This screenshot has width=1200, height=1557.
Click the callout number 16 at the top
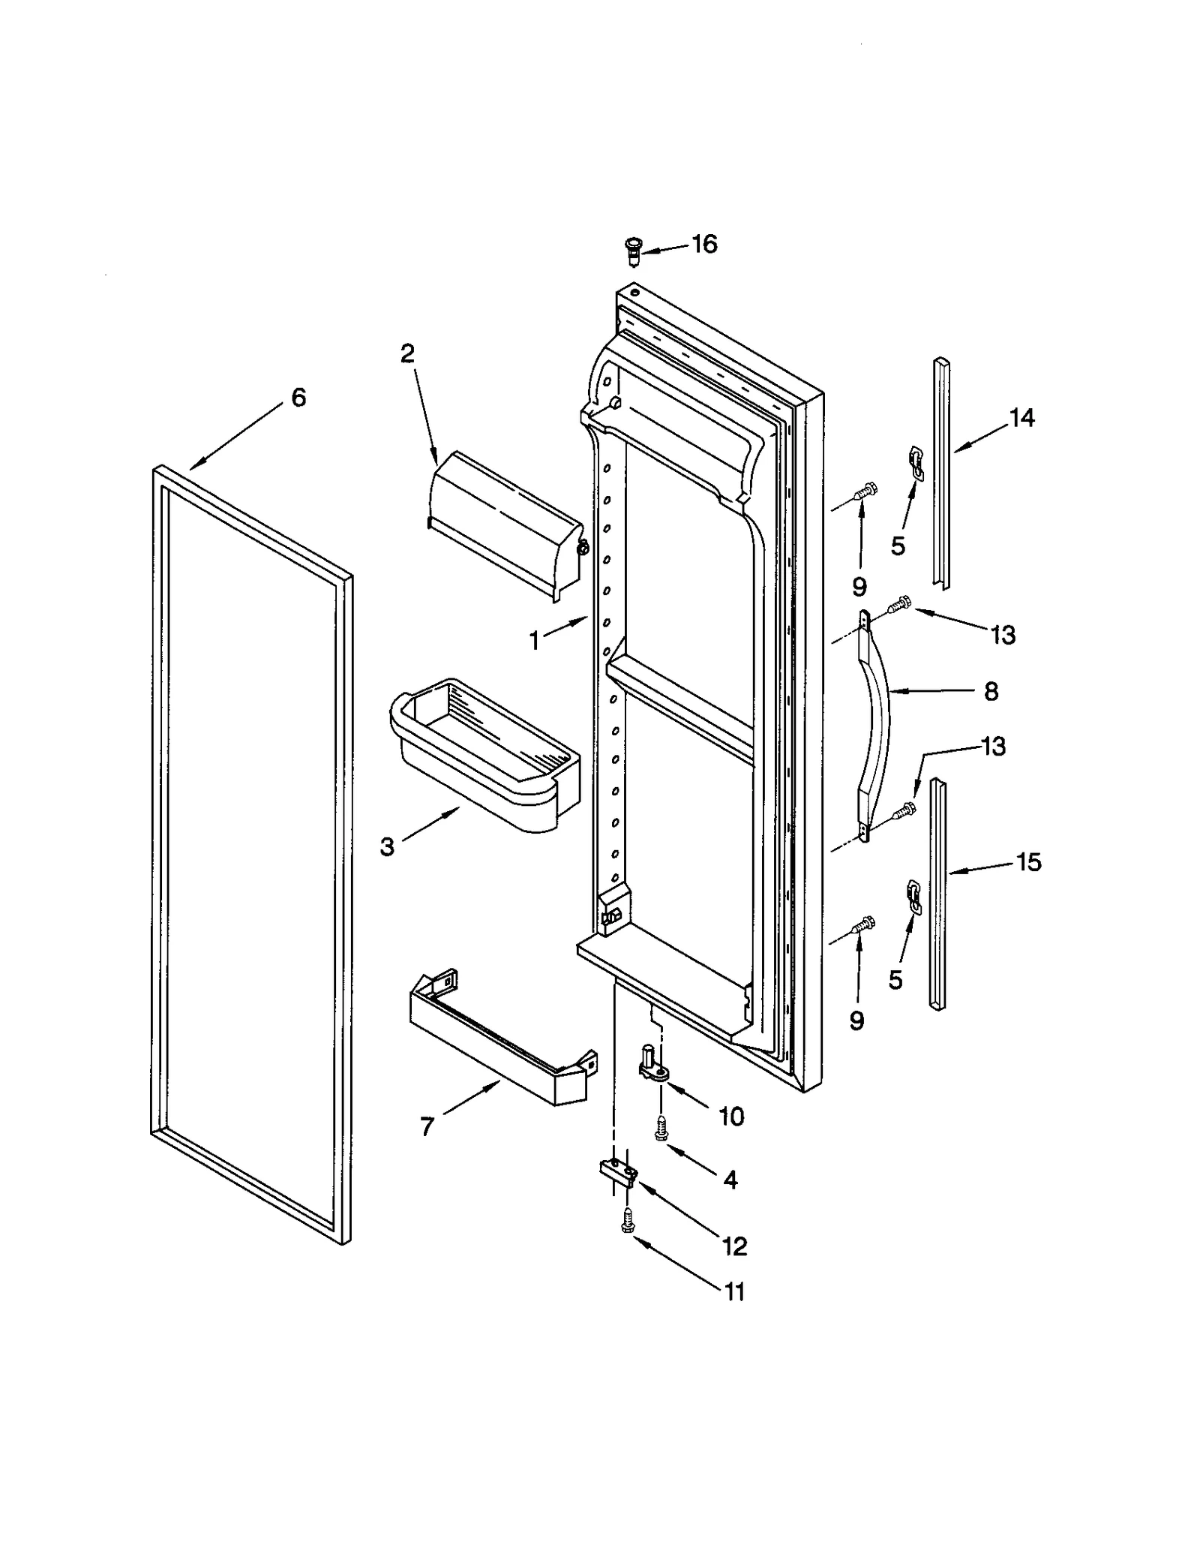tap(704, 244)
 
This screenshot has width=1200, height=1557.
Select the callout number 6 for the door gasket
tap(298, 398)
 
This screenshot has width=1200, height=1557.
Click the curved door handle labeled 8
tap(878, 728)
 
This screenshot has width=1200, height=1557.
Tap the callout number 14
tap(1021, 418)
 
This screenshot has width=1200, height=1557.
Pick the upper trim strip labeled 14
tap(941, 472)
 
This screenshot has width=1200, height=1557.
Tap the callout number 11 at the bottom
tap(734, 1292)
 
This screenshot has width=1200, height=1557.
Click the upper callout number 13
tap(1003, 635)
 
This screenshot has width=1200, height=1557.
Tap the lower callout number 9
tap(856, 1020)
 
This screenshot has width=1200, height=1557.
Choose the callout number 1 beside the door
tap(534, 641)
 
